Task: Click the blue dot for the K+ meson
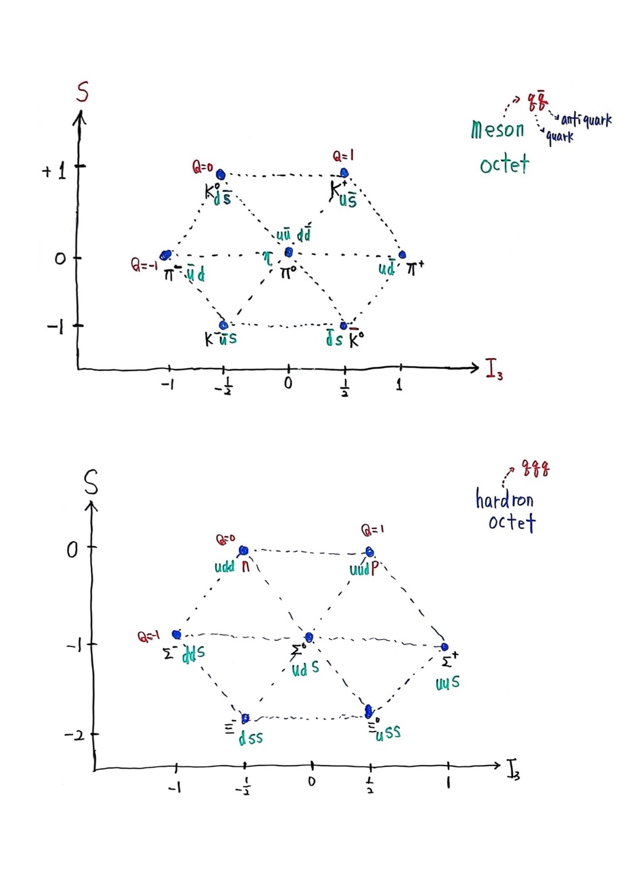(344, 173)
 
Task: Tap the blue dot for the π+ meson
(402, 254)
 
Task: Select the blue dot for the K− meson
(224, 325)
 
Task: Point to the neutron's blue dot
(243, 550)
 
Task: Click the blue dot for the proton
(369, 551)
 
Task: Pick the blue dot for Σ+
(444, 647)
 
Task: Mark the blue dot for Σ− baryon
(177, 634)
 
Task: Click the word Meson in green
(497, 130)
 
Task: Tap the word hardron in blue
(504, 499)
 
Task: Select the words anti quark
(586, 120)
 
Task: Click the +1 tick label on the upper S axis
(54, 170)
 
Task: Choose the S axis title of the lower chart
(91, 485)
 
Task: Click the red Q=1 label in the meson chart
(344, 156)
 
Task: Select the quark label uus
(447, 683)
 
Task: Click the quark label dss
(251, 737)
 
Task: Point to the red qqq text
(535, 468)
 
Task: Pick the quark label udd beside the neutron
(224, 566)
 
